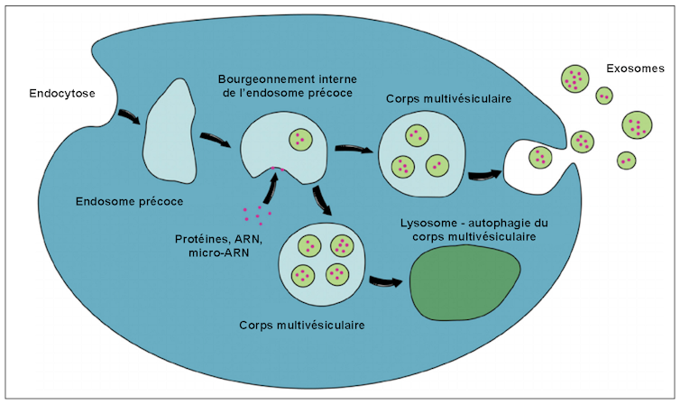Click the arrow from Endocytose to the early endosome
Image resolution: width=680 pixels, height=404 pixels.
(x=129, y=118)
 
